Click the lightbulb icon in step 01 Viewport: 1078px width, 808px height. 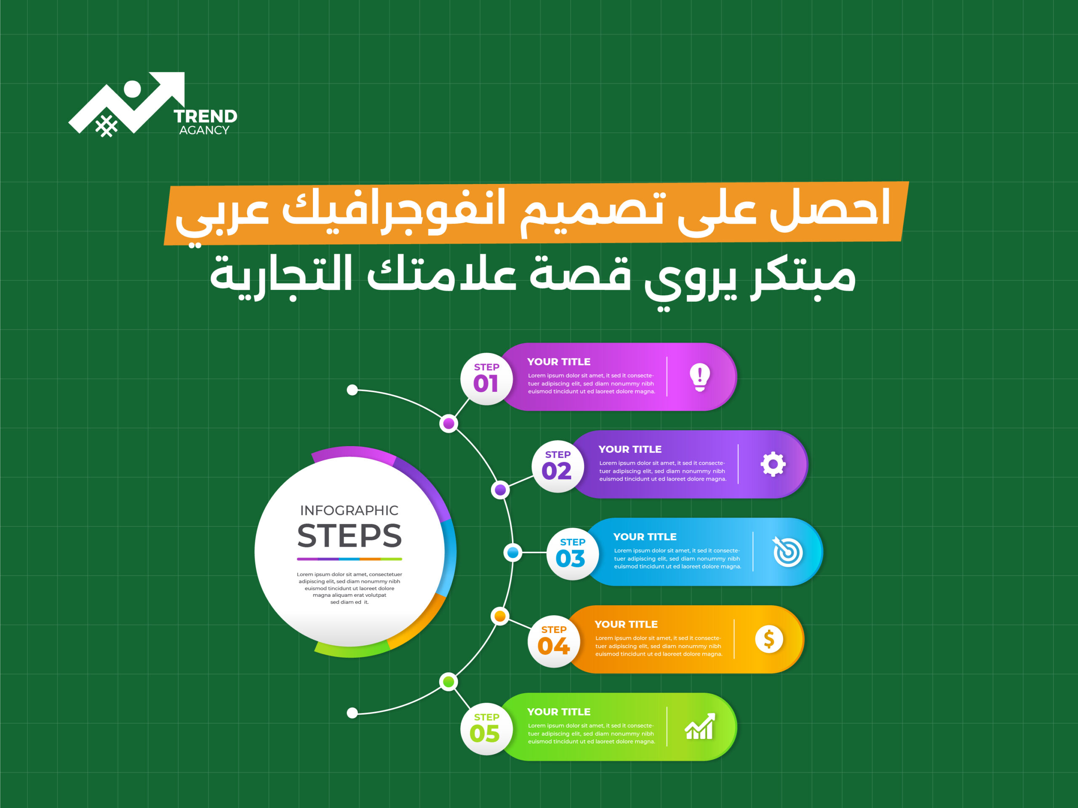tap(700, 377)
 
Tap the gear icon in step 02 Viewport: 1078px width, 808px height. tap(773, 464)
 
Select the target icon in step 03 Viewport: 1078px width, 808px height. tap(787, 551)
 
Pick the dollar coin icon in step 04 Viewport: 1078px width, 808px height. tap(769, 639)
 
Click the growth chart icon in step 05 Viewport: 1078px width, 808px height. tap(700, 726)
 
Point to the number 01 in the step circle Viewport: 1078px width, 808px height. tap(486, 384)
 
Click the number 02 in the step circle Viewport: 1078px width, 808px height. tap(557, 471)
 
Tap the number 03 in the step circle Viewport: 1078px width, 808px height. tap(571, 558)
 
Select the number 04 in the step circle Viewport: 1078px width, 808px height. tap(554, 646)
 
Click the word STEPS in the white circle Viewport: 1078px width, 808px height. tap(350, 536)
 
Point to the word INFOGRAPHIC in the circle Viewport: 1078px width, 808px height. tap(350, 510)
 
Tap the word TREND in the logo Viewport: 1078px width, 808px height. tap(205, 117)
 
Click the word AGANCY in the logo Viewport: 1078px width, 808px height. tap(204, 130)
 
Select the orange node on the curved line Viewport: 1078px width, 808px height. tap(500, 616)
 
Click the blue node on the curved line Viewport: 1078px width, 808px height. tap(513, 552)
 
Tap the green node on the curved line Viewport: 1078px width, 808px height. tap(448, 681)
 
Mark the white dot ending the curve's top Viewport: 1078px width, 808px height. tap(352, 390)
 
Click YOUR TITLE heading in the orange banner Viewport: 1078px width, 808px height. tap(626, 624)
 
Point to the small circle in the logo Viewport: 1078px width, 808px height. tap(133, 89)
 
